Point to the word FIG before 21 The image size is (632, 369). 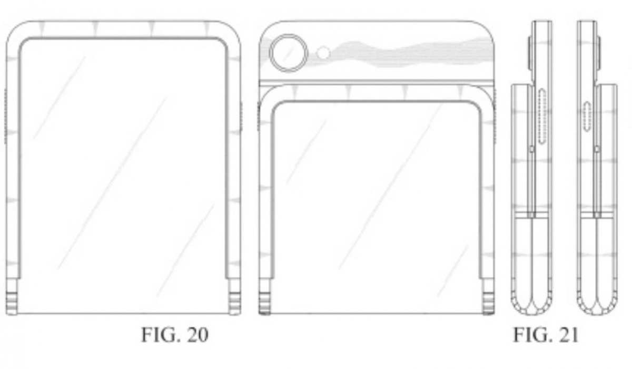pyautogui.click(x=532, y=335)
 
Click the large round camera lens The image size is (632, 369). pyautogui.click(x=289, y=53)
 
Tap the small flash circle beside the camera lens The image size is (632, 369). pyautogui.click(x=324, y=53)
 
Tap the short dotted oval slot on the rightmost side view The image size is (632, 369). pyautogui.click(x=588, y=117)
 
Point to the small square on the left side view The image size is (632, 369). pyautogui.click(x=532, y=150)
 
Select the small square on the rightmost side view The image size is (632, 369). pyautogui.click(x=597, y=150)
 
